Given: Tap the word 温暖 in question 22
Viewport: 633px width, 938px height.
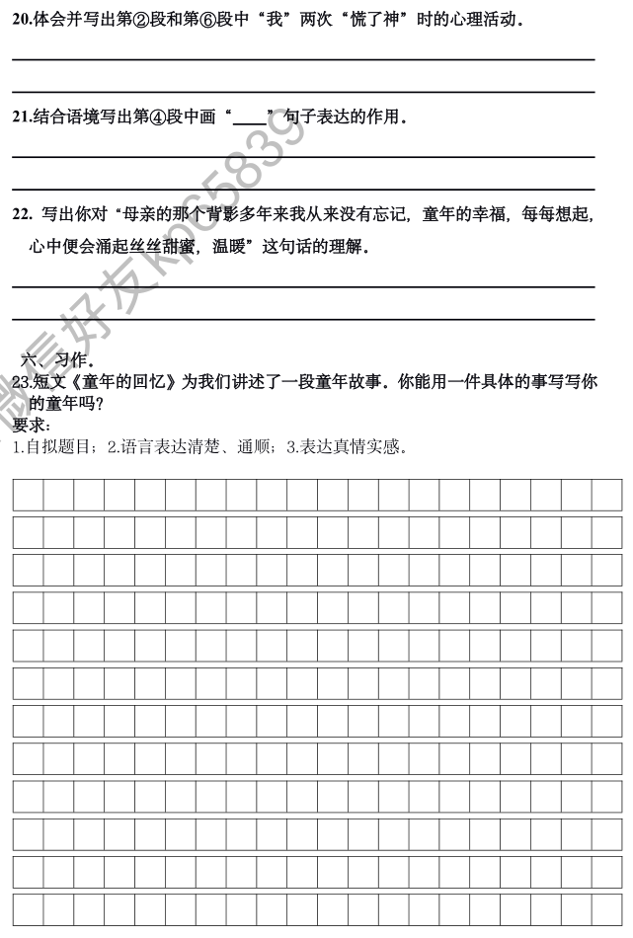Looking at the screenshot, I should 232,247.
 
